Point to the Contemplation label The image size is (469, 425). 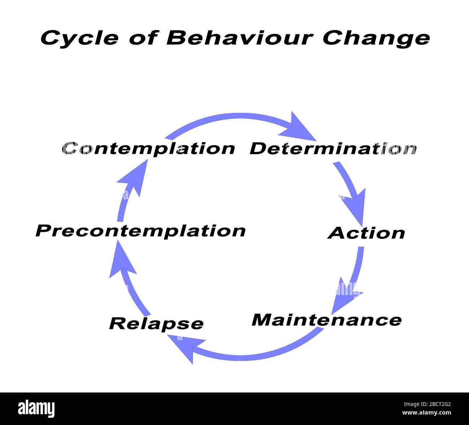148,148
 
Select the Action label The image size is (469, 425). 366,233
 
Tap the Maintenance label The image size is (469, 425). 326,320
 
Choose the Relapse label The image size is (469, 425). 156,323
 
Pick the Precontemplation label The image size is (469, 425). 141,231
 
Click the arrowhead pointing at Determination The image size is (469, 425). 298,129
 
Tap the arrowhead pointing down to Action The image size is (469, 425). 355,206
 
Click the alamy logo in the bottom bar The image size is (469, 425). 36,408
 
